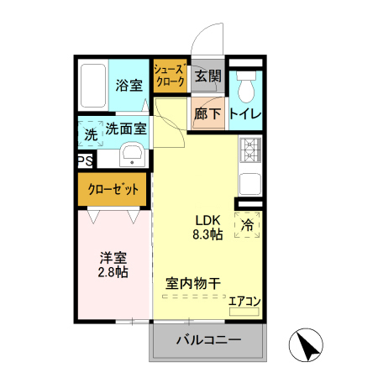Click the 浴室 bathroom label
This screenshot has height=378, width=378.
tap(129, 85)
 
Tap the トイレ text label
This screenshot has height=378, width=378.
tap(246, 113)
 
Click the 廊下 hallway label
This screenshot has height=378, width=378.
tap(207, 113)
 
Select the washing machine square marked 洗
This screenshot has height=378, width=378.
tap(89, 134)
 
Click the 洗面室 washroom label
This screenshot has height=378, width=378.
tap(126, 129)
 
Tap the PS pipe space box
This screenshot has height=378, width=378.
tap(84, 160)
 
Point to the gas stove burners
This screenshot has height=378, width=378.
tap(250, 150)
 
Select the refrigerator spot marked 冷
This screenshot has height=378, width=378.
tap(248, 225)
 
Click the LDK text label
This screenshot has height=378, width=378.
tap(207, 218)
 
